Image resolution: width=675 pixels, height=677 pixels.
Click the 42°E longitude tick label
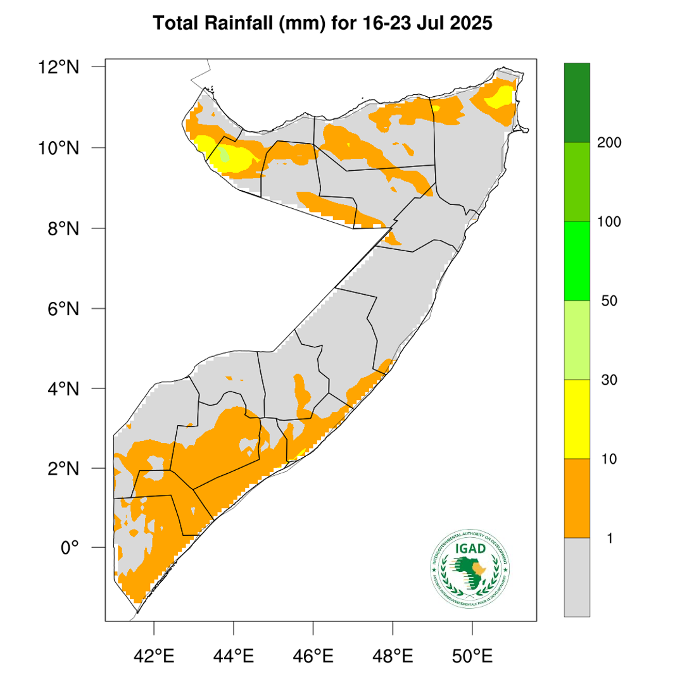(x=155, y=654)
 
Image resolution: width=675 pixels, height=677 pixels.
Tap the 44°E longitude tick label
(x=234, y=654)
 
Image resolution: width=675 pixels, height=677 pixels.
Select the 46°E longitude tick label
(x=314, y=654)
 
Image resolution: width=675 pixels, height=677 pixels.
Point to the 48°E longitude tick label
(x=393, y=654)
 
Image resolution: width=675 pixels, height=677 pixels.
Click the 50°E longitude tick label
(x=473, y=654)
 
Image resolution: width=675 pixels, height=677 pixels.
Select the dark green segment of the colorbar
(x=577, y=102)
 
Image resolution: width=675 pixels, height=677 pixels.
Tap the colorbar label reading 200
(x=609, y=143)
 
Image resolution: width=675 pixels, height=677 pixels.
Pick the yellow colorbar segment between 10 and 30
(x=577, y=419)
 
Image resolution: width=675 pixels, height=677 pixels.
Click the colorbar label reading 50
(x=609, y=301)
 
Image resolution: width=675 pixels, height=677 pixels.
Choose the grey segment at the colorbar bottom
(x=577, y=576)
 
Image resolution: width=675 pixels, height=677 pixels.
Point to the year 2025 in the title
(x=469, y=25)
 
